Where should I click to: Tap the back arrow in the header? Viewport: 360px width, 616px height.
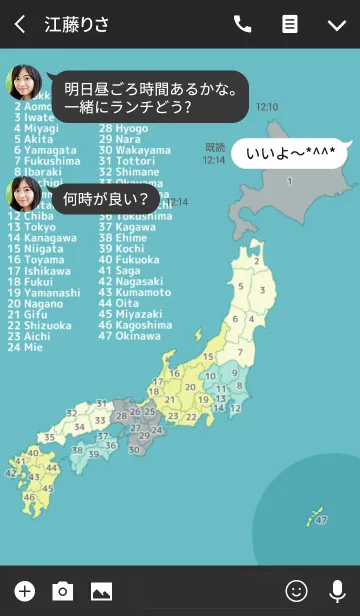click(20, 24)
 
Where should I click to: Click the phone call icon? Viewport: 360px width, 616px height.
click(242, 24)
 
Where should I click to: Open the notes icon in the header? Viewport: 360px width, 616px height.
click(290, 24)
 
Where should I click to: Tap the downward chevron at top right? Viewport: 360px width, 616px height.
click(337, 24)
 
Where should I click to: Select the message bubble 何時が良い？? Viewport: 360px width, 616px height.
click(107, 199)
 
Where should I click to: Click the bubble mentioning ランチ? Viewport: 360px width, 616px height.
click(150, 97)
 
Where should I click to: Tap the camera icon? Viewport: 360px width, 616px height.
click(63, 591)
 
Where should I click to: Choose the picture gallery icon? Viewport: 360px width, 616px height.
click(101, 591)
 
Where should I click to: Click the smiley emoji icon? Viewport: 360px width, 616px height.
click(296, 591)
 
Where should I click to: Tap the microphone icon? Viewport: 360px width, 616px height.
click(337, 591)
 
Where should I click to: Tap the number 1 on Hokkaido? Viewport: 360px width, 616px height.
click(289, 182)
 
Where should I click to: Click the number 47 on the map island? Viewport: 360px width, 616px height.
click(320, 521)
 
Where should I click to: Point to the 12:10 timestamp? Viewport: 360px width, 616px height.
click(267, 106)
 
